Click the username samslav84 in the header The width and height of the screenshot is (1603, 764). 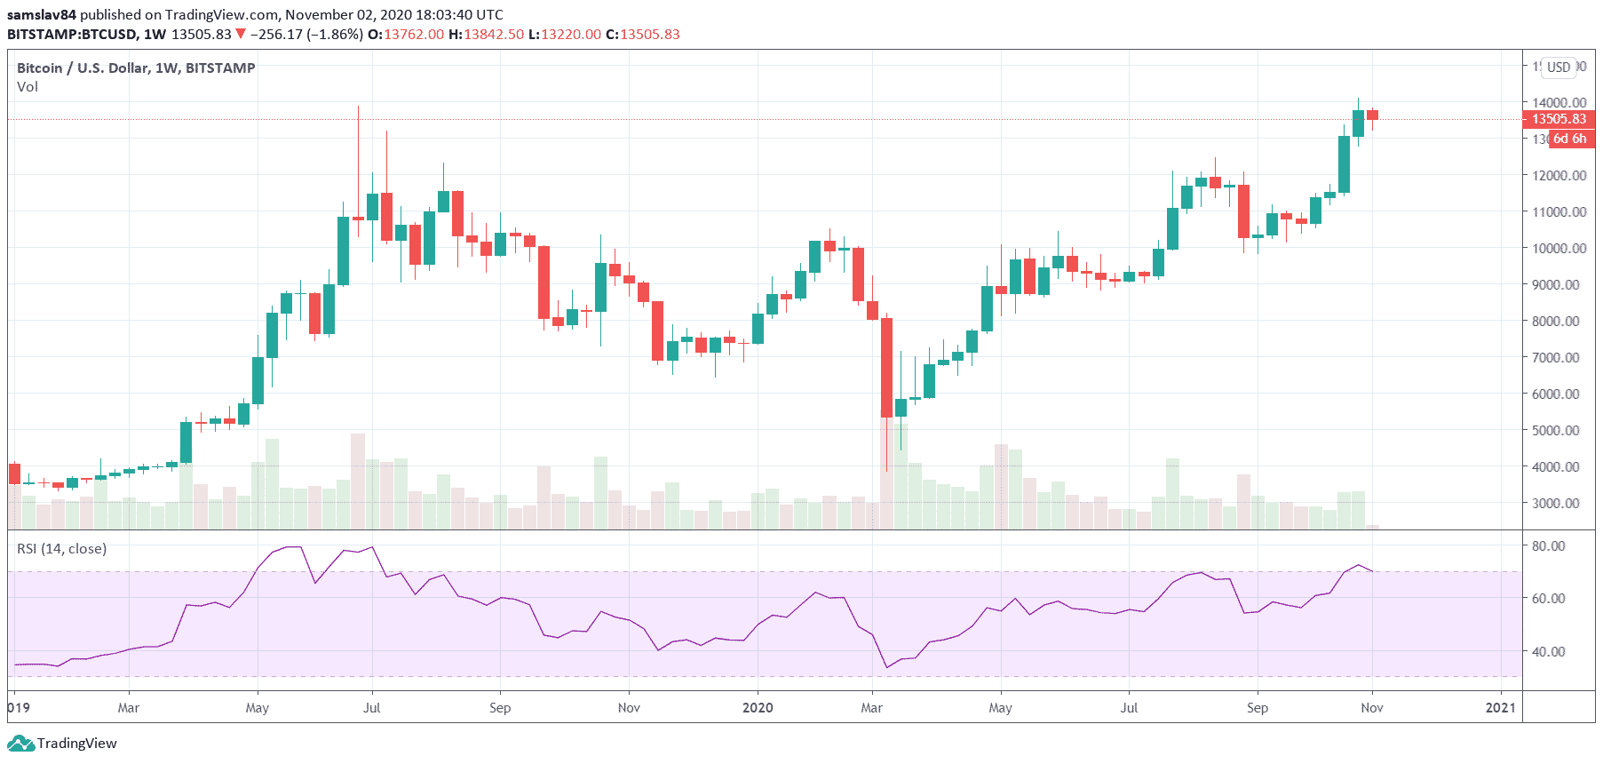[x=42, y=15]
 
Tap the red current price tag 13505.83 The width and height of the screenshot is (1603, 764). [x=1559, y=119]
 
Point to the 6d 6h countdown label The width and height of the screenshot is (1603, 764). [x=1569, y=139]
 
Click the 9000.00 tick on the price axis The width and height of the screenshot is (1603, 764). [x=1555, y=285]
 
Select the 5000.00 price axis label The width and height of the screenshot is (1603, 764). [x=1555, y=431]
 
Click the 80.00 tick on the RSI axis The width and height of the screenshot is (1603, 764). [x=1548, y=546]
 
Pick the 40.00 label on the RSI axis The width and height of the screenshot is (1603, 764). [x=1548, y=652]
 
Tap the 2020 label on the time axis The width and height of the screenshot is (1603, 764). [x=758, y=708]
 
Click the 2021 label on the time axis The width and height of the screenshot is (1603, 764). [x=1500, y=708]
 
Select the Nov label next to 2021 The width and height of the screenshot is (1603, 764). [x=1372, y=708]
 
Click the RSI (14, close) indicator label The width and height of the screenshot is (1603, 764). [x=61, y=549]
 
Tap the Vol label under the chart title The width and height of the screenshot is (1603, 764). [x=28, y=87]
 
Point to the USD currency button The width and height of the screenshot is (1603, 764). [x=1559, y=68]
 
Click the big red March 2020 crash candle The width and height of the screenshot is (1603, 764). [x=886, y=367]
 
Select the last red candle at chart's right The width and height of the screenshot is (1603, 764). [x=1372, y=115]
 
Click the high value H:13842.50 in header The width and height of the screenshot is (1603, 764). [x=486, y=35]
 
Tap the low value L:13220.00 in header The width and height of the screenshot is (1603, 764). [x=565, y=35]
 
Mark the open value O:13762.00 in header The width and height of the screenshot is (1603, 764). [x=406, y=35]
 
